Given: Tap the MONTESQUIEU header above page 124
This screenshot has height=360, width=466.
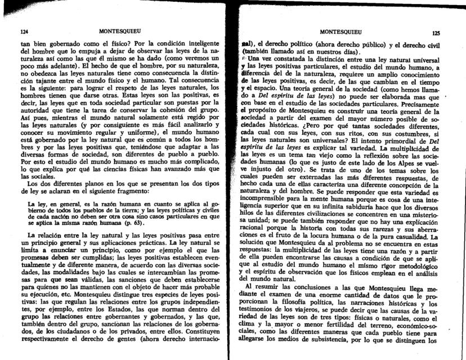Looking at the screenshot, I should click(x=119, y=30).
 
